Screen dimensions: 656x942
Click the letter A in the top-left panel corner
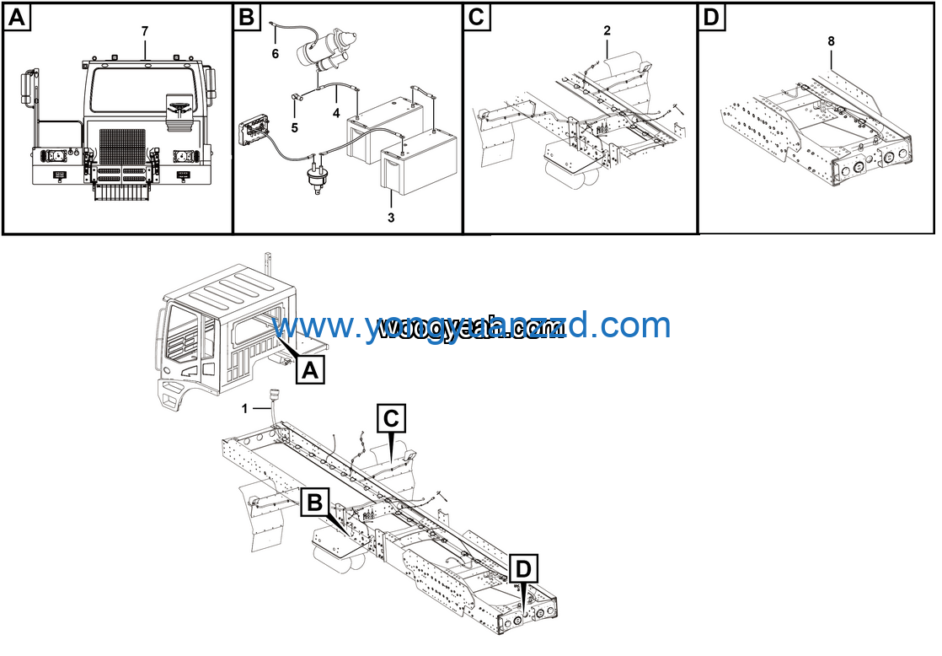tap(18, 18)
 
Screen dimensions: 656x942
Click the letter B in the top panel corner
tap(247, 18)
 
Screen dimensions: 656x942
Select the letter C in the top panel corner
tap(477, 18)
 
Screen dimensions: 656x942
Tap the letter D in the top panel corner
tap(712, 18)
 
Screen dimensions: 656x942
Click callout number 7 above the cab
tap(145, 31)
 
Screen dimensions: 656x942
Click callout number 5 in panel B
tap(294, 128)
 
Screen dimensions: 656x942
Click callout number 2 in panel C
tap(607, 30)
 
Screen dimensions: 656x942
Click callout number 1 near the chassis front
tap(244, 408)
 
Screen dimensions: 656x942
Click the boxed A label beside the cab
tap(310, 369)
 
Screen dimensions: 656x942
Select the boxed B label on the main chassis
tap(314, 503)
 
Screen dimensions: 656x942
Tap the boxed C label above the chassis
tap(393, 417)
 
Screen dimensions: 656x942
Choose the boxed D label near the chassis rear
tap(523, 569)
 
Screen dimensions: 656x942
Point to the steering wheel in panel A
tap(179, 107)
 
